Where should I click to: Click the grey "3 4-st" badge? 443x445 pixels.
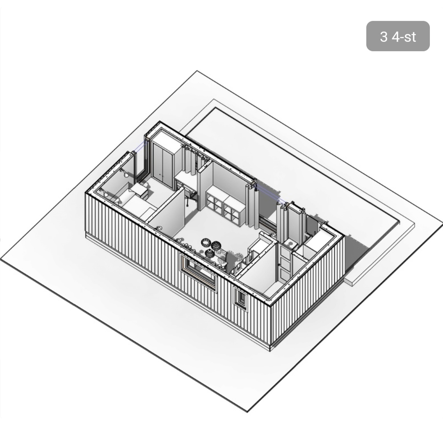(398, 36)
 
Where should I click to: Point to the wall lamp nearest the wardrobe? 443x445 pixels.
(124, 173)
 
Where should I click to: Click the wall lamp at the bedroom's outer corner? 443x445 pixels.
(104, 193)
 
